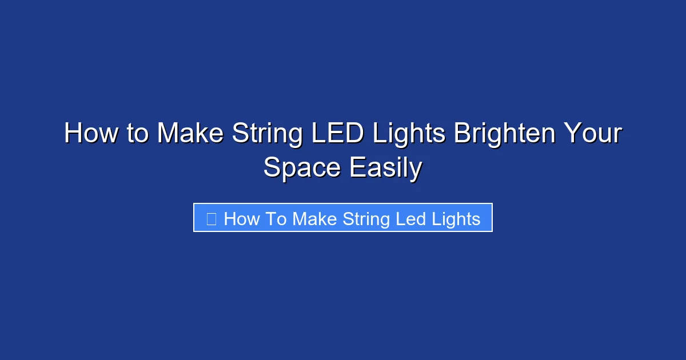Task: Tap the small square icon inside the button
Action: pyautogui.click(x=211, y=219)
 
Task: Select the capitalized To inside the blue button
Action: pyautogui.click(x=276, y=219)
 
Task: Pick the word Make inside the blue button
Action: pyautogui.click(x=314, y=219)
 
